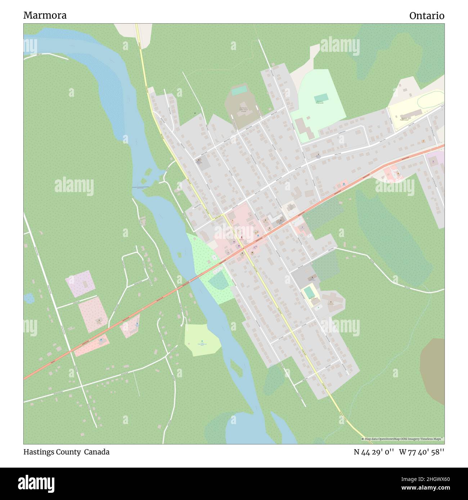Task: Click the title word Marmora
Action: coord(45,15)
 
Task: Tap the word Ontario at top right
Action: coord(427,16)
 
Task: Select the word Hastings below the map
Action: coord(39,452)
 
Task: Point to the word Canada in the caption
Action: coord(97,452)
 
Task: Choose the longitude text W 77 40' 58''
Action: coord(422,452)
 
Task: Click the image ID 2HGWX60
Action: coord(426,478)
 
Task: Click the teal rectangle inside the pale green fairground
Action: coord(321,98)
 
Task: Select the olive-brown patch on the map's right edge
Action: coord(433,371)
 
